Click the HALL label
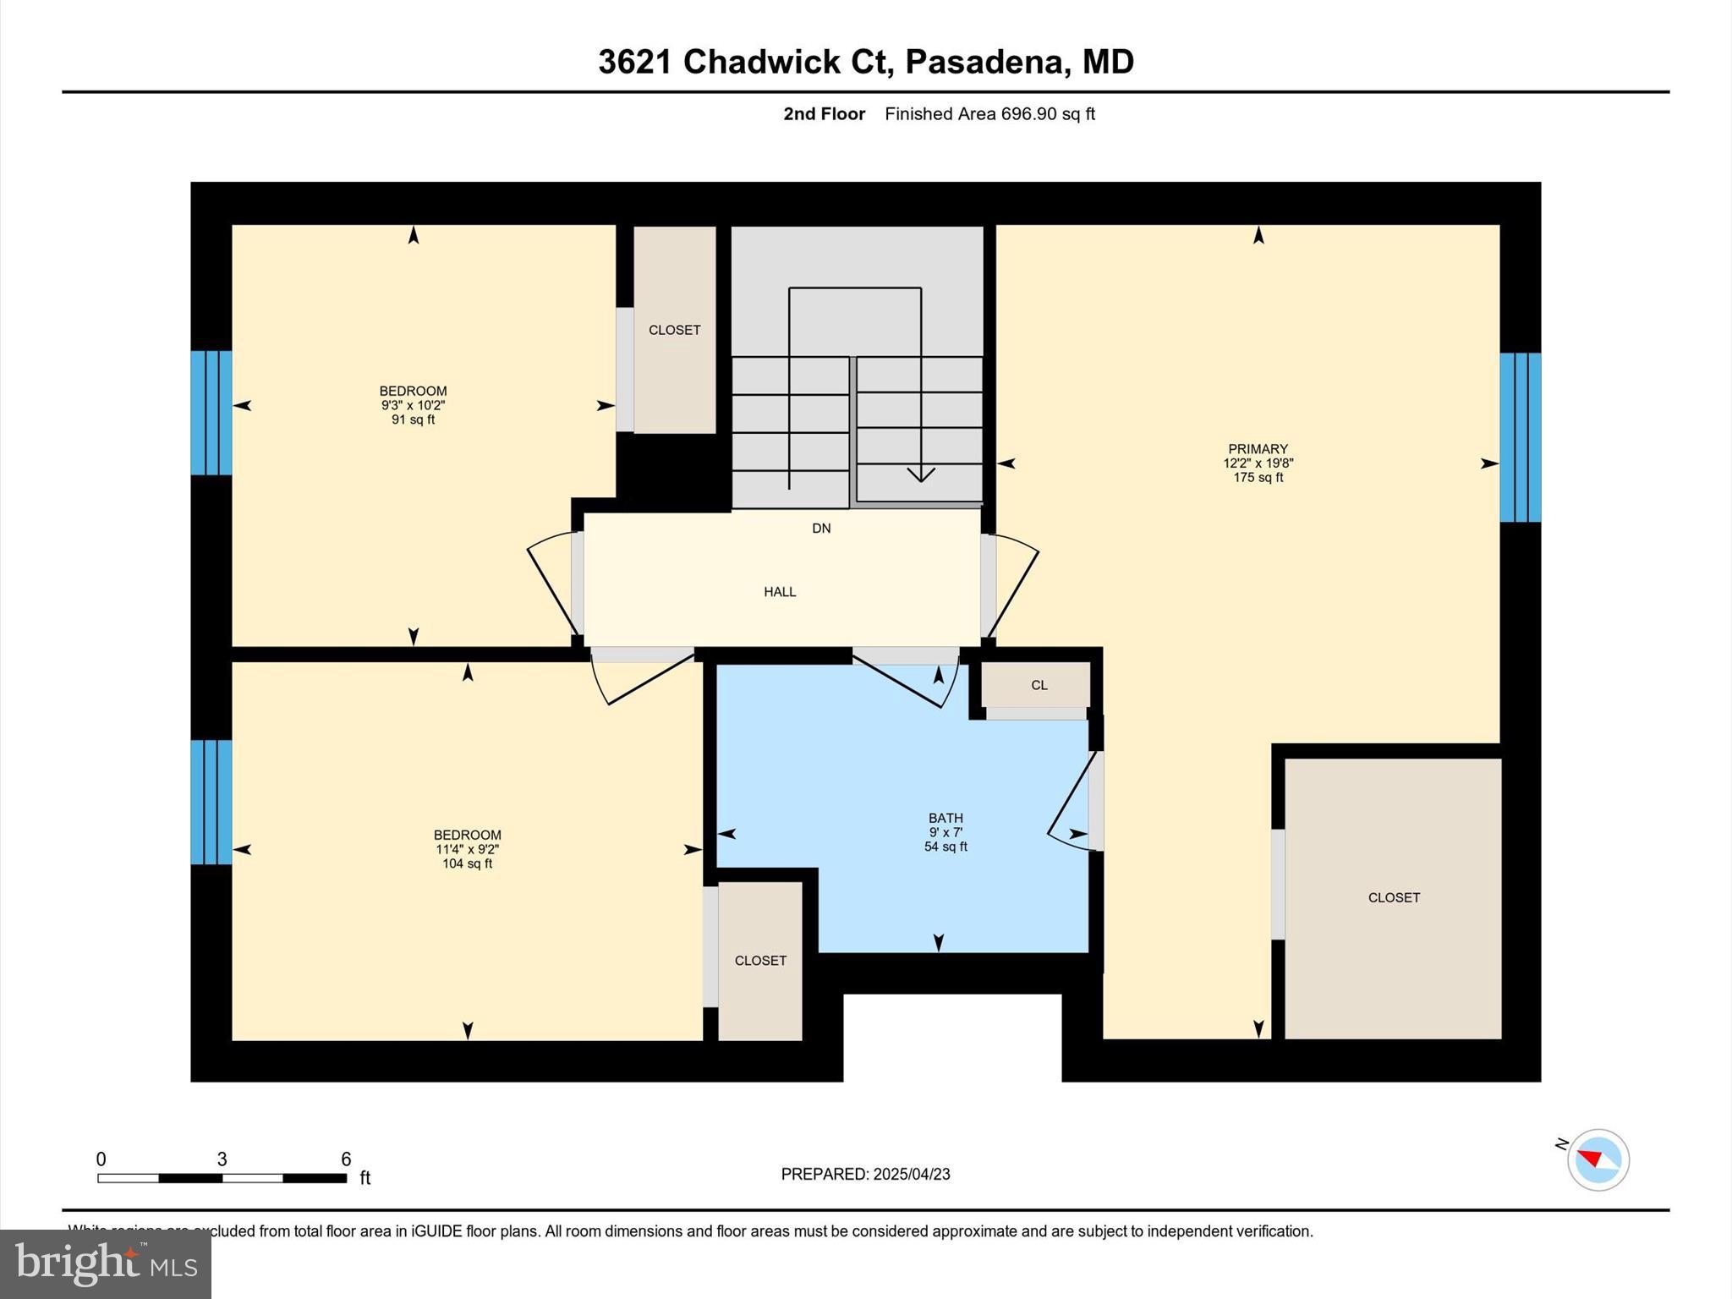pos(780,592)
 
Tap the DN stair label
pos(821,529)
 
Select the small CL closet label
pos(1039,685)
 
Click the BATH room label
pos(945,818)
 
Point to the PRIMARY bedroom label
pos(1258,449)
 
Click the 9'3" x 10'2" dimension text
pos(413,405)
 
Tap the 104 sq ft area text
pos(467,863)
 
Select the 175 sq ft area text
pos(1258,478)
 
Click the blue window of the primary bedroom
pos(1520,437)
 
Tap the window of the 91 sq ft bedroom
pos(211,413)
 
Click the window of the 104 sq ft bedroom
pos(211,802)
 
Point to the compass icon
pos(1598,1159)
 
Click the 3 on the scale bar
pos(222,1159)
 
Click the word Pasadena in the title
pos(984,62)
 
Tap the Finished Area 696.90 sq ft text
pos(989,114)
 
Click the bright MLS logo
pos(106,1264)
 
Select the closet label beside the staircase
pos(674,330)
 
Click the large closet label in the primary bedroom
pos(1394,897)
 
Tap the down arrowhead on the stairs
pos(920,474)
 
